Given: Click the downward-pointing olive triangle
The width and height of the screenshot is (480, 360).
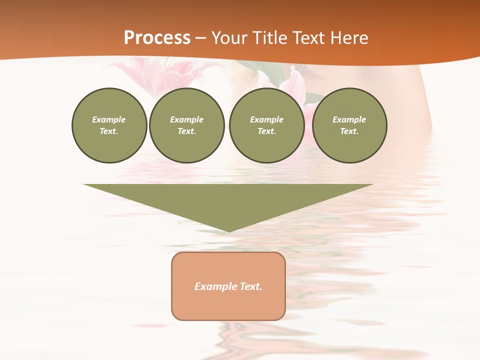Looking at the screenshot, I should (x=228, y=200).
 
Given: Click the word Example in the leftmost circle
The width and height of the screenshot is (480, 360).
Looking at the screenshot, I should (x=109, y=119).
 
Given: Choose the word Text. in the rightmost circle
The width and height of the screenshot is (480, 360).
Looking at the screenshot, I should (x=349, y=131).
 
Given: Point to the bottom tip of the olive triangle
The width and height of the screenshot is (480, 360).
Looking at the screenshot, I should (x=228, y=231).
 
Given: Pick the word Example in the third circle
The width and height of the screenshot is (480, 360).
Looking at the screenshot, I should (x=266, y=119).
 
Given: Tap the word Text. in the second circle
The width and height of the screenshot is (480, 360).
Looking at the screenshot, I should (x=186, y=131).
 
